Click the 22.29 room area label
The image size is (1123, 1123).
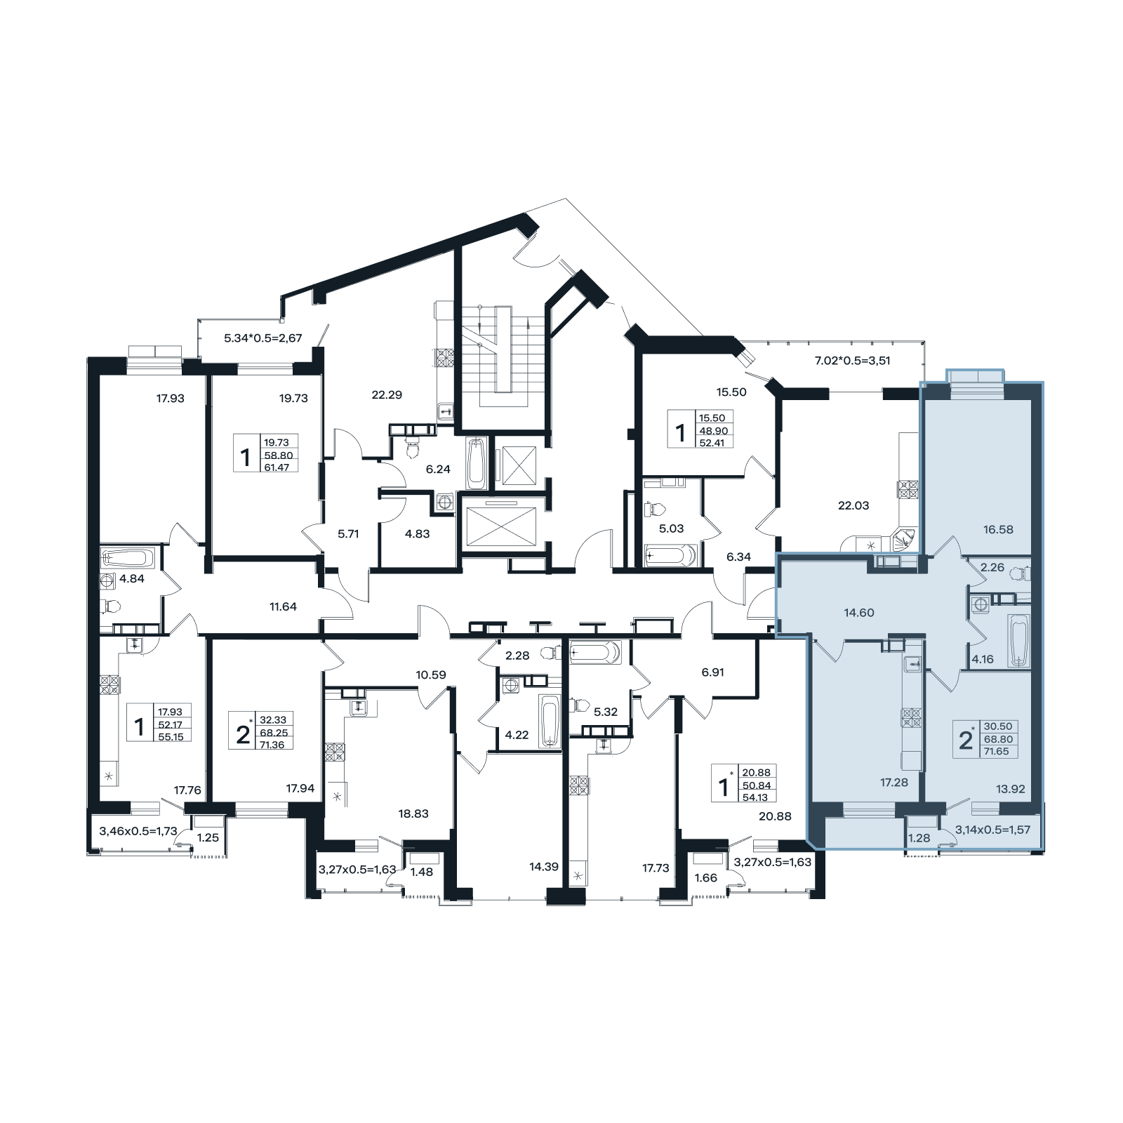(386, 394)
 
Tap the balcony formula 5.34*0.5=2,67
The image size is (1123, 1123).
(263, 338)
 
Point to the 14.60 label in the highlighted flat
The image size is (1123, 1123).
(858, 613)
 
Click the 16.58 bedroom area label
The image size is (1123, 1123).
(998, 529)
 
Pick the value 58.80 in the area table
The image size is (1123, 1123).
(279, 455)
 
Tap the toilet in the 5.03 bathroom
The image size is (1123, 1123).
(658, 507)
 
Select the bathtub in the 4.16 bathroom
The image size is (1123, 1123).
(1019, 641)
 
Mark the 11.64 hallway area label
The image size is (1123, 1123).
(283, 606)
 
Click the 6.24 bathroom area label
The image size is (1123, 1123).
(438, 470)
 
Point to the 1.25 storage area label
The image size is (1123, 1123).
(208, 837)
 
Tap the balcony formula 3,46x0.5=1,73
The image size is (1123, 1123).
(138, 831)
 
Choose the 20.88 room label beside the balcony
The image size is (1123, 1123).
(775, 816)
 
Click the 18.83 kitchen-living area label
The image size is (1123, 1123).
(413, 813)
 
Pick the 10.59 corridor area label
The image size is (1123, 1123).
(431, 675)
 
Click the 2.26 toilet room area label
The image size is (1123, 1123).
(992, 568)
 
